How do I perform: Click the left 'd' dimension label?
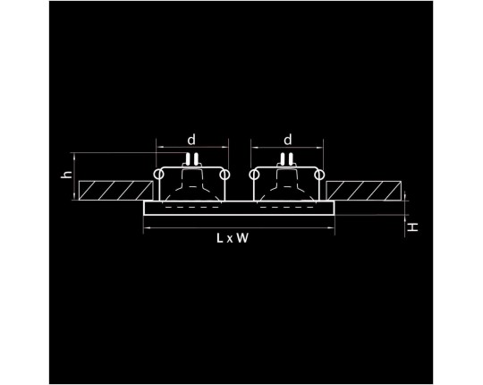click(191, 140)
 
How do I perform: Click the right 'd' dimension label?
click(287, 140)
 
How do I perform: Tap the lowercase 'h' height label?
click(67, 175)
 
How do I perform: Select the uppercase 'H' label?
click(412, 227)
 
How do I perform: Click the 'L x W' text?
click(233, 238)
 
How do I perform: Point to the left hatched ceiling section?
click(115, 191)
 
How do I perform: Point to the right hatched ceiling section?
click(363, 191)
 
